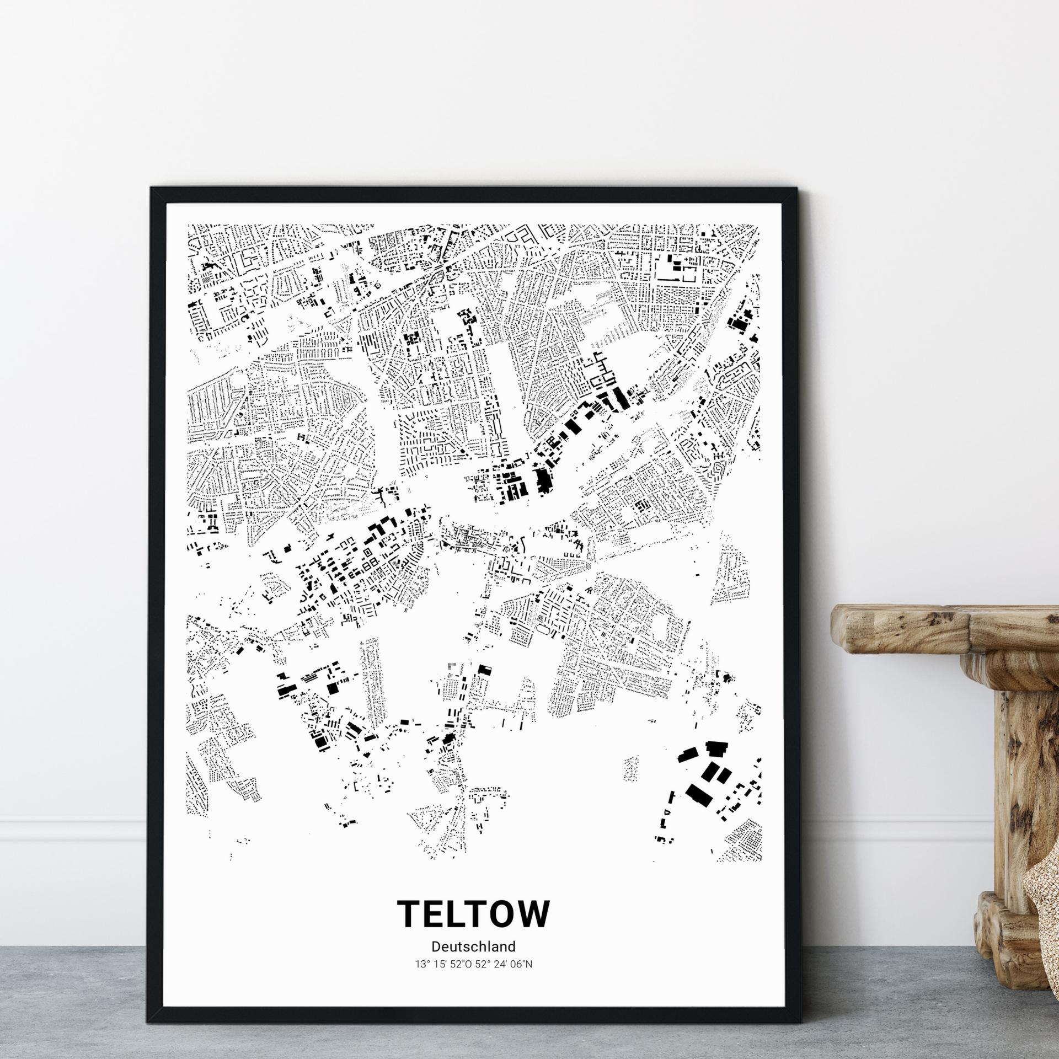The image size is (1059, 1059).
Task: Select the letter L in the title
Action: [463, 913]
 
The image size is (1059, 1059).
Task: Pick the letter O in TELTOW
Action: [511, 913]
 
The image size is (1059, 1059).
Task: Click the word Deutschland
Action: [474, 946]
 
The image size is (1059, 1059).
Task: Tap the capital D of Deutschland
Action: [436, 946]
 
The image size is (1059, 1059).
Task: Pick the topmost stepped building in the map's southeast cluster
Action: [717, 748]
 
